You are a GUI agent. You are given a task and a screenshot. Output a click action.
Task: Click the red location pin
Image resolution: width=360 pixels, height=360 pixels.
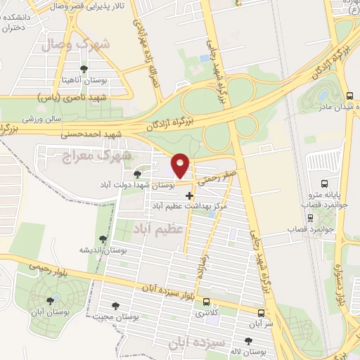point(181,165)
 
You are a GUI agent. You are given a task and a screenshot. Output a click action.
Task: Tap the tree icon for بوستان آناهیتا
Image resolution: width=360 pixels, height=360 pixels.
point(84,69)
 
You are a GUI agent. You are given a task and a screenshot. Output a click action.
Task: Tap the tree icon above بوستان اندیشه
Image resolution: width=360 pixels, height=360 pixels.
point(103,239)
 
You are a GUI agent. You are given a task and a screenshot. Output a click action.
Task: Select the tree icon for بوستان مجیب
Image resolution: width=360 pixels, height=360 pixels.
point(116,306)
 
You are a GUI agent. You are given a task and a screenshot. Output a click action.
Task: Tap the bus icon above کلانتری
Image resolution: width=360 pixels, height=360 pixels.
point(205,301)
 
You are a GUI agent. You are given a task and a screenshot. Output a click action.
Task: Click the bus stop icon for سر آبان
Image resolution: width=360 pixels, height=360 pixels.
point(262,313)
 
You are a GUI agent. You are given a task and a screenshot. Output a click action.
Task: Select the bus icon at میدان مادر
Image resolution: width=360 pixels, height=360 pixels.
point(350,96)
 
